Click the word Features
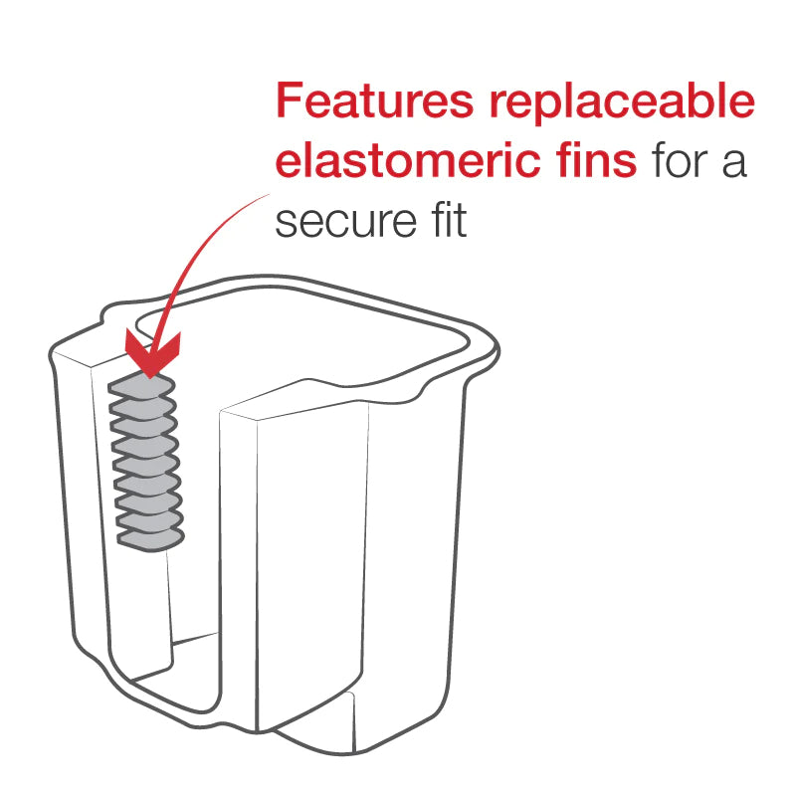375,100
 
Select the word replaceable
623,104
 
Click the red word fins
596,159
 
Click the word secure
345,222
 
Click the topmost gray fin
141,385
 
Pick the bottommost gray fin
151,540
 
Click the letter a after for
734,163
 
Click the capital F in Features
290,100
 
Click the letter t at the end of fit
461,221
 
